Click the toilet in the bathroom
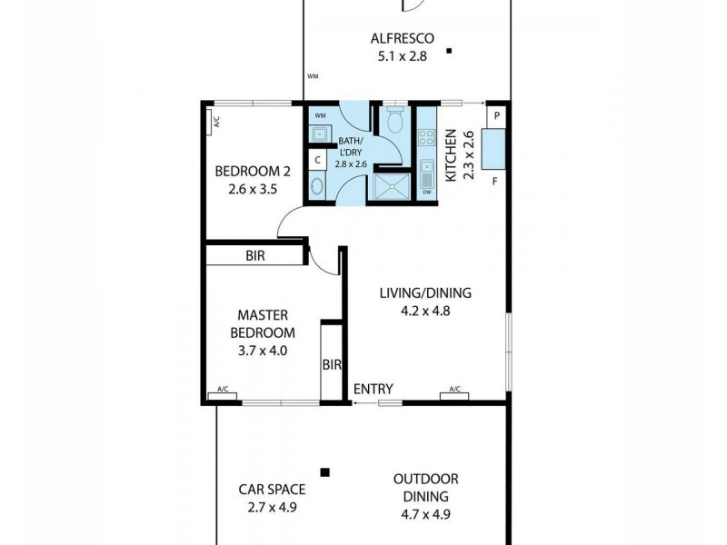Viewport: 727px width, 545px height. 394,122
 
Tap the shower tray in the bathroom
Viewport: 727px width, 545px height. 393,184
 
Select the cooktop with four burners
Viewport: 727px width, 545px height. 427,139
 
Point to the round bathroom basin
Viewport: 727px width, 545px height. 316,187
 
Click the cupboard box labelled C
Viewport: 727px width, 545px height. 316,160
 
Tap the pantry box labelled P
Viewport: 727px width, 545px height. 497,116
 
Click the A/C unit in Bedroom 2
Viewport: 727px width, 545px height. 215,121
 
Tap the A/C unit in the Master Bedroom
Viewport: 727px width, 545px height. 222,393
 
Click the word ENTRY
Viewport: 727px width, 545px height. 373,390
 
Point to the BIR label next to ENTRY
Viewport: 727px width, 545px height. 331,365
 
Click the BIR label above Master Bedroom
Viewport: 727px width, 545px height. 255,256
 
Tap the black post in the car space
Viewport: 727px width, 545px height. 324,471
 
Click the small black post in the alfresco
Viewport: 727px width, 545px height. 449,53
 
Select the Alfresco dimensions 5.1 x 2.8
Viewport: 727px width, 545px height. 403,55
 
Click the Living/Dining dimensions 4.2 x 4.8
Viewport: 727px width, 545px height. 425,310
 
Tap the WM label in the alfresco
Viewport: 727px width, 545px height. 313,76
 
